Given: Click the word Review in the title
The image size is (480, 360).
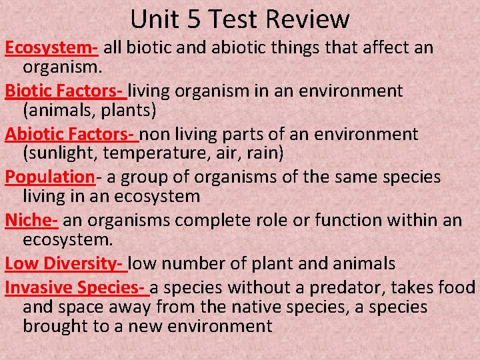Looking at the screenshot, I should [311, 19].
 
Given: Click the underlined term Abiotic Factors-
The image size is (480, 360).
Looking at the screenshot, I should [71, 134].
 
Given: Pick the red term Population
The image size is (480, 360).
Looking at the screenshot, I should [49, 177].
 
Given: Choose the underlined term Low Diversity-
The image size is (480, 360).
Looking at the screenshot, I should [65, 263].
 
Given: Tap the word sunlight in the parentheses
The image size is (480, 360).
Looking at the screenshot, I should [55, 153].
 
